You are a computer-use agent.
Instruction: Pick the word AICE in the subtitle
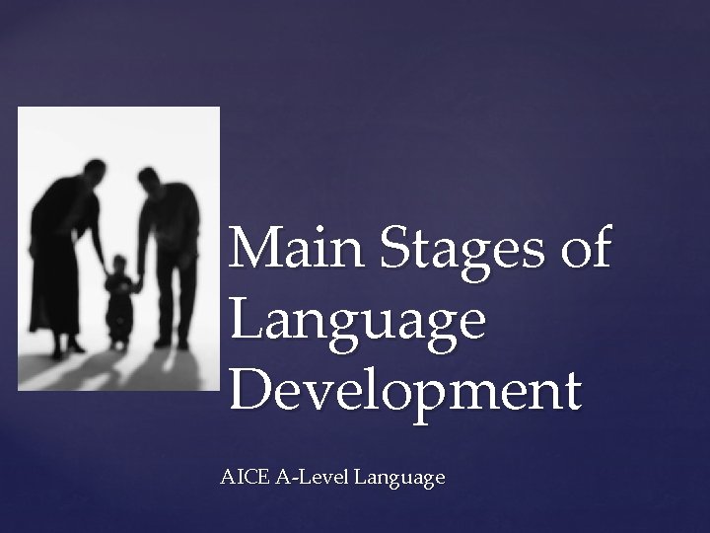(x=240, y=478)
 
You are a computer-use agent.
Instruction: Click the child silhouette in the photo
(x=119, y=301)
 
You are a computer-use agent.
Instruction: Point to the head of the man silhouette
(x=150, y=181)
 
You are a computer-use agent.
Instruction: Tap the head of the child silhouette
(x=119, y=266)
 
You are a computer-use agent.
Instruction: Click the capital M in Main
(x=250, y=251)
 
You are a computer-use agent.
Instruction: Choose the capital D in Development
(x=250, y=392)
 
